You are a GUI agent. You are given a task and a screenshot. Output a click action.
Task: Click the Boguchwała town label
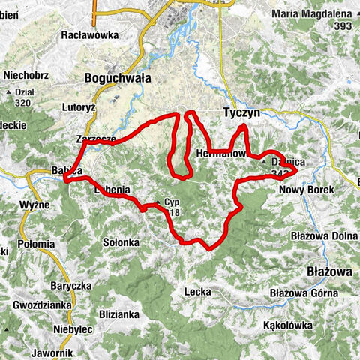[118, 77]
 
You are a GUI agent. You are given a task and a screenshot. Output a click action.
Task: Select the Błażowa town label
[327, 270]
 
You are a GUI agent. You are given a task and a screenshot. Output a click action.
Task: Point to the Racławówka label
[87, 34]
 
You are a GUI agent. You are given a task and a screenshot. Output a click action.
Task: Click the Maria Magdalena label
[313, 14]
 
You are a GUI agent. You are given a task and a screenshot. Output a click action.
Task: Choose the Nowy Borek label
[306, 190]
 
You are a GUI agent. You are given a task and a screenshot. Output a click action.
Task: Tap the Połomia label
[36, 243]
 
